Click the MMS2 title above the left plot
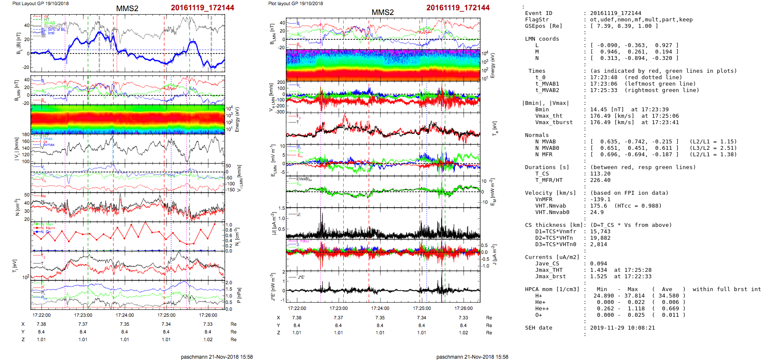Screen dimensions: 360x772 (x=127, y=9)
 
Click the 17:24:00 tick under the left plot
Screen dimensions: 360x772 (x=125, y=315)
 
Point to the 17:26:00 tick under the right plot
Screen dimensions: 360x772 (x=463, y=308)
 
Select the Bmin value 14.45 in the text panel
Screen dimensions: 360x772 (x=598, y=110)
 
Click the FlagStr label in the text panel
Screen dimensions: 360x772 (x=537, y=20)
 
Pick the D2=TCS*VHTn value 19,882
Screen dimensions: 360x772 (x=600, y=238)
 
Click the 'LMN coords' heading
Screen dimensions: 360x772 (x=542, y=39)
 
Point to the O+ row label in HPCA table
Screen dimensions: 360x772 (x=538, y=315)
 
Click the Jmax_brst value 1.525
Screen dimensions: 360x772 (x=598, y=277)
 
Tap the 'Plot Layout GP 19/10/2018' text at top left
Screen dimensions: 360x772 (x=40, y=3)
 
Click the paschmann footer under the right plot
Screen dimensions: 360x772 (x=472, y=357)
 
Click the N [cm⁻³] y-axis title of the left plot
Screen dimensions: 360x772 (x=18, y=207)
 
